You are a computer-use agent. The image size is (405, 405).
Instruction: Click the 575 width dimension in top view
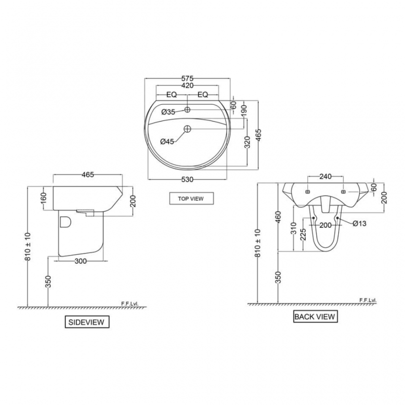coord(188,79)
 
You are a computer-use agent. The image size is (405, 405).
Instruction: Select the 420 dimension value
coord(188,86)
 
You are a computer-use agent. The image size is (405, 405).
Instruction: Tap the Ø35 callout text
coord(168,111)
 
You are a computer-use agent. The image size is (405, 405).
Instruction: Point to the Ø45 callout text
coord(167,142)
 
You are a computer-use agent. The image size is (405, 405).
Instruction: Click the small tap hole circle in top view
coord(187,110)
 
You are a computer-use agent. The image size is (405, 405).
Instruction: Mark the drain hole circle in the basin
coord(187,129)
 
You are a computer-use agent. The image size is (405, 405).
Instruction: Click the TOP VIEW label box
coord(191,198)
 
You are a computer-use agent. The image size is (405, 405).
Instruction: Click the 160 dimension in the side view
coord(44,196)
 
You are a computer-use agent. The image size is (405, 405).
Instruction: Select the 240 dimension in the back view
coord(326,177)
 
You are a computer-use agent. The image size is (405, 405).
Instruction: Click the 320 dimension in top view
coord(248,143)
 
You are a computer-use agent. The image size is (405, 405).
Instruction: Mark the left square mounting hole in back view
coord(308,192)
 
